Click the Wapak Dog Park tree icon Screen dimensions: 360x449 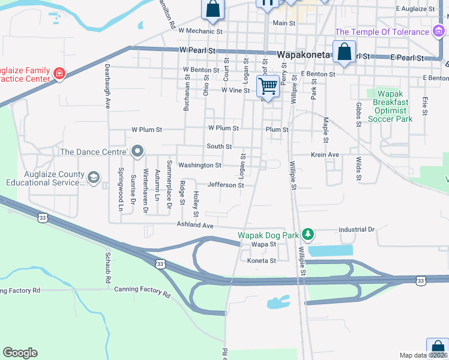(x=307, y=233)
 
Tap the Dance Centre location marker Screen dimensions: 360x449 (x=137, y=151)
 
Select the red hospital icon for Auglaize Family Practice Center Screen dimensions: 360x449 (x=59, y=74)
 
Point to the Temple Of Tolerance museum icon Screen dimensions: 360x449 (x=438, y=31)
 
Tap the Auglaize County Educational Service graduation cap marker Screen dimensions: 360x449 (x=93, y=178)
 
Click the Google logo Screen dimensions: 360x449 (x=20, y=353)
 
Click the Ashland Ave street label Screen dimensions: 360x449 (x=195, y=225)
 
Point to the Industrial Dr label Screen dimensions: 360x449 (x=356, y=229)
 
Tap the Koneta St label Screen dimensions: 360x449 (x=262, y=260)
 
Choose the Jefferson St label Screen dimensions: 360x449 (x=226, y=185)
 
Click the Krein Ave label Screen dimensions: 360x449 (x=325, y=155)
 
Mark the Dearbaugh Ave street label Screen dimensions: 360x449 (x=108, y=86)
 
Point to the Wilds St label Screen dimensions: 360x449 (x=358, y=169)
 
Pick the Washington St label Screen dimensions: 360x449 (x=200, y=165)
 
